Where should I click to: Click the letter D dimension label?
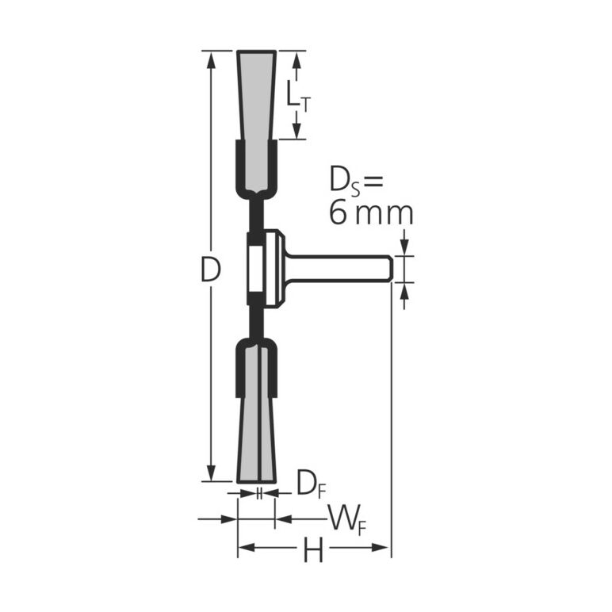[x=211, y=270]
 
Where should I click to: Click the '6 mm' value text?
[x=371, y=213]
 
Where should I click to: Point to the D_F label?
[x=311, y=484]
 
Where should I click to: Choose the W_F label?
[x=347, y=519]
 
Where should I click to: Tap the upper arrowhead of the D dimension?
[x=212, y=60]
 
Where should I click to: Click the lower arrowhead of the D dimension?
[x=212, y=472]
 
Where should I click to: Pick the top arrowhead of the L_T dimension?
[x=297, y=60]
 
